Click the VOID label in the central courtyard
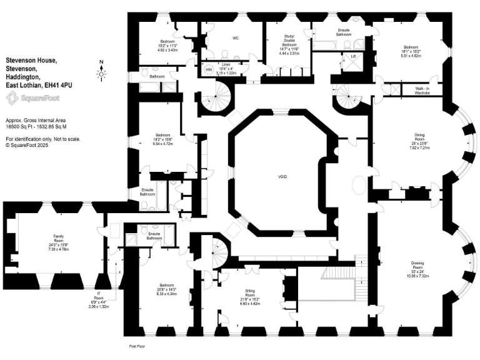pos(282,177)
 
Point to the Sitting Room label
pos(251,291)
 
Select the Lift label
pos(353,56)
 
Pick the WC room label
pos(236,38)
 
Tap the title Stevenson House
pos(31,60)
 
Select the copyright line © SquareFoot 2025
pos(27,144)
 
